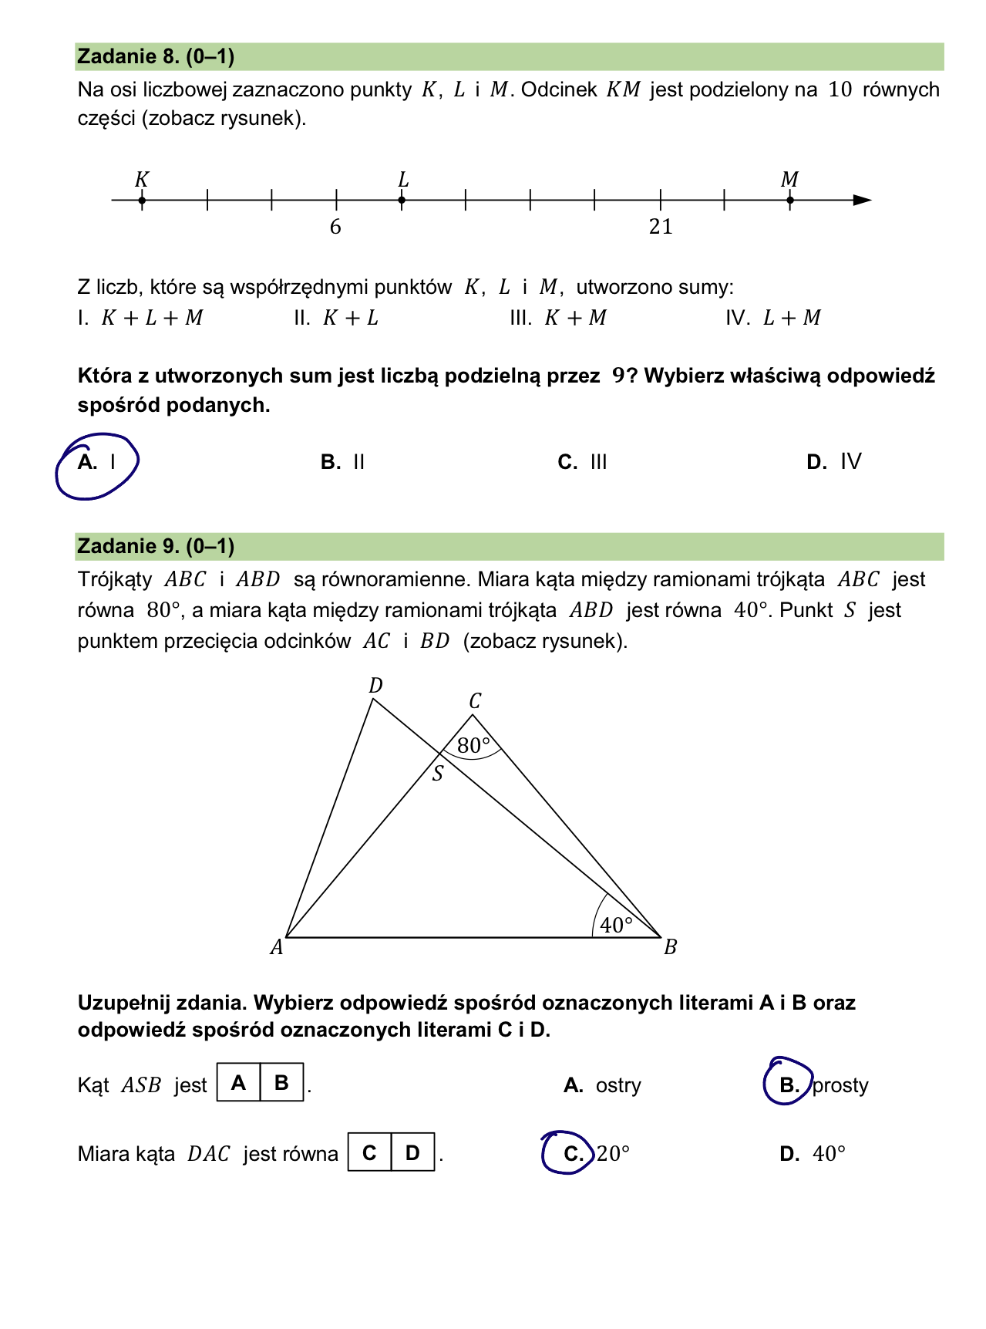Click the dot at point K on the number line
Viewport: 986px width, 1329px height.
pyautogui.click(x=142, y=201)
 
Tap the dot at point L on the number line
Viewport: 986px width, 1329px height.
pyautogui.click(x=402, y=201)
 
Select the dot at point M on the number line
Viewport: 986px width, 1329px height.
pyautogui.click(x=790, y=201)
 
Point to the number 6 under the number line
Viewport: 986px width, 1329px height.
pyautogui.click(x=335, y=227)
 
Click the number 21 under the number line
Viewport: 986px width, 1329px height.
pyautogui.click(x=661, y=227)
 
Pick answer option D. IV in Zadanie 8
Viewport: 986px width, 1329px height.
pyautogui.click(x=834, y=462)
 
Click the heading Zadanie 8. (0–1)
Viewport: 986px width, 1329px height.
pyautogui.click(x=156, y=56)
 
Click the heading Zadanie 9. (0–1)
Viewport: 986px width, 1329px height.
pyautogui.click(x=156, y=546)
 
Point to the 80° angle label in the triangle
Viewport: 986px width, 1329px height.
pyautogui.click(x=473, y=746)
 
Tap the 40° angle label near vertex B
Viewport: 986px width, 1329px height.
pyautogui.click(x=616, y=925)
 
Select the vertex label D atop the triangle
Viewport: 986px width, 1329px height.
pyautogui.click(x=375, y=686)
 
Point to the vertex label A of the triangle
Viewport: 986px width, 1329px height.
pyautogui.click(x=277, y=947)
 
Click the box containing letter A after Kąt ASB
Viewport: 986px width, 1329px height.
pyautogui.click(x=239, y=1083)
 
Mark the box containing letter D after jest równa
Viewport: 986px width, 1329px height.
pyautogui.click(x=413, y=1152)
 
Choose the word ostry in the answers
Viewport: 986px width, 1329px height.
pyautogui.click(x=618, y=1085)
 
